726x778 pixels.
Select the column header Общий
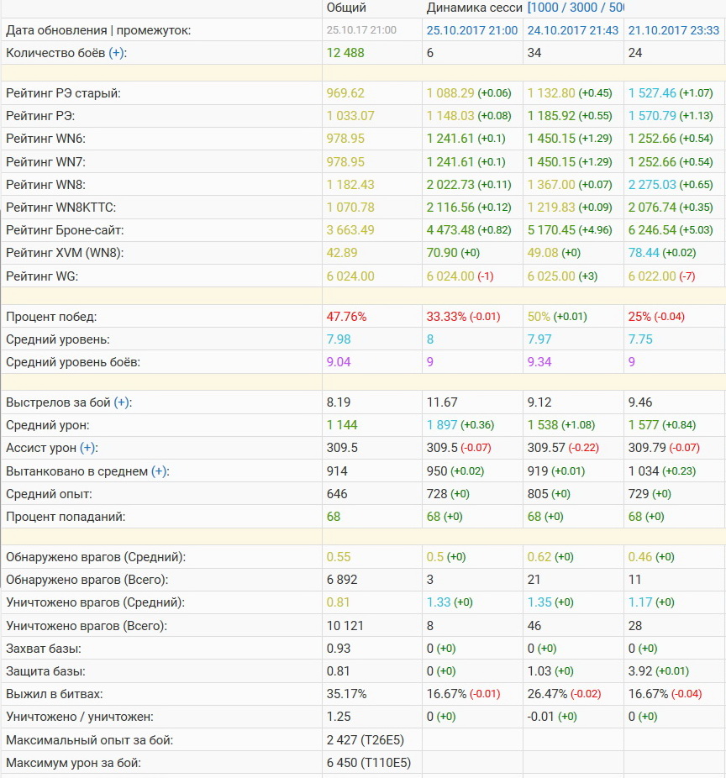[x=346, y=8]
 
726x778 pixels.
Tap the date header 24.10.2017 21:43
[x=573, y=29]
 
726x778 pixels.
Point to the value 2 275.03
[x=652, y=184]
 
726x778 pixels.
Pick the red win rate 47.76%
[x=346, y=317]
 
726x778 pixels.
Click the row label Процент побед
[x=51, y=317]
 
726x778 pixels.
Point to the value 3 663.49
[x=350, y=229]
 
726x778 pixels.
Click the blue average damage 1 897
[x=442, y=425]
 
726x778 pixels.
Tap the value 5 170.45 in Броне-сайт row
[x=551, y=229]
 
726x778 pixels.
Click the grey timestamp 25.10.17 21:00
[x=361, y=29]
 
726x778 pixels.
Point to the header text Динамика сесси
[x=474, y=8]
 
